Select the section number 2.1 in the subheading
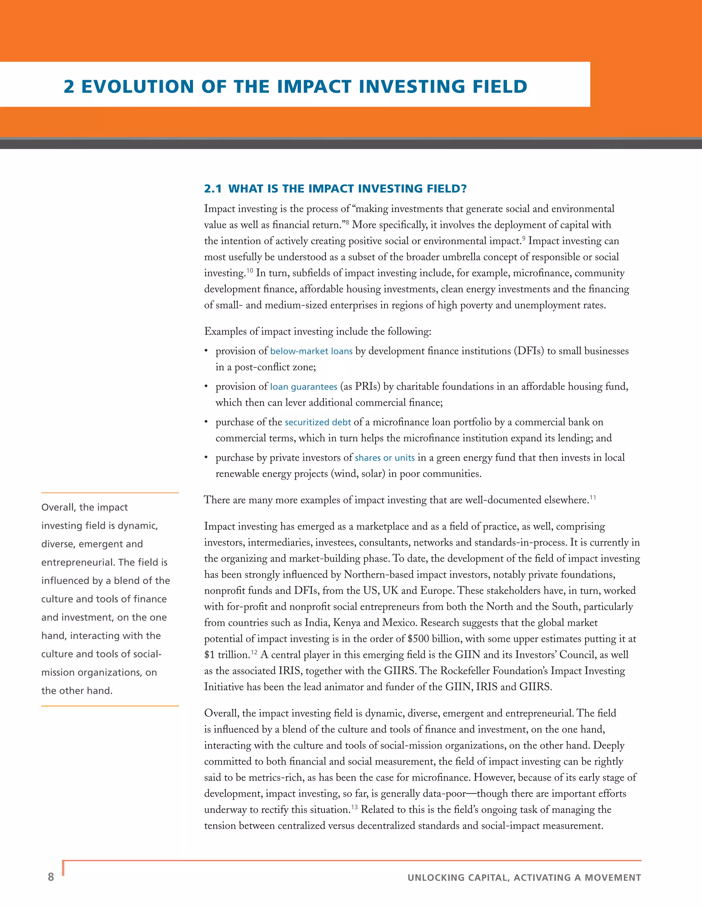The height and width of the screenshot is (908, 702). (x=213, y=189)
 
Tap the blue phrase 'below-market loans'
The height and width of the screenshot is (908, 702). (x=311, y=351)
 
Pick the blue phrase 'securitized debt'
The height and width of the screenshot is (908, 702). (x=318, y=422)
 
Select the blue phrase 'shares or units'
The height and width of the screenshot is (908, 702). (x=385, y=458)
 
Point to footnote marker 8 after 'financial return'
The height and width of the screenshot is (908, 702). (x=347, y=222)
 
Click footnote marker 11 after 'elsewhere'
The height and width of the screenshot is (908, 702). (x=593, y=497)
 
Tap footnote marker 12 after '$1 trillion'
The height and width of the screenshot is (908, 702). (x=254, y=652)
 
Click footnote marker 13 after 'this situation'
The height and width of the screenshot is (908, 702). (x=354, y=807)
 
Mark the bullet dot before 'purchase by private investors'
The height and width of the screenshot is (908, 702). (x=206, y=458)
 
